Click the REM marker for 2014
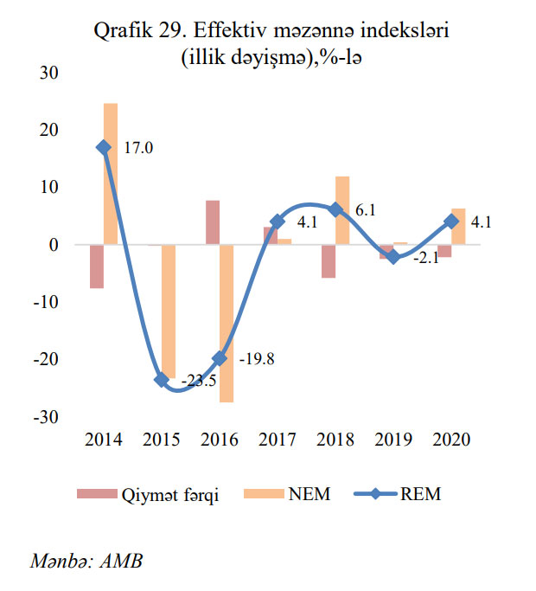[x=104, y=147]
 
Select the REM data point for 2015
[x=162, y=380]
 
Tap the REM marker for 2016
[x=219, y=358]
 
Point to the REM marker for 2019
[x=393, y=257]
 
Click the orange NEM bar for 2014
[x=111, y=174]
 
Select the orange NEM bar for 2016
[x=227, y=324]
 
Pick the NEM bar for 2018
[x=342, y=210]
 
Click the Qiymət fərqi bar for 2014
[x=97, y=267]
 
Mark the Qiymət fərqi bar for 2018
[x=328, y=261]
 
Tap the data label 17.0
[x=137, y=148]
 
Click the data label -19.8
[x=256, y=359]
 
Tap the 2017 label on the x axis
[x=277, y=440]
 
